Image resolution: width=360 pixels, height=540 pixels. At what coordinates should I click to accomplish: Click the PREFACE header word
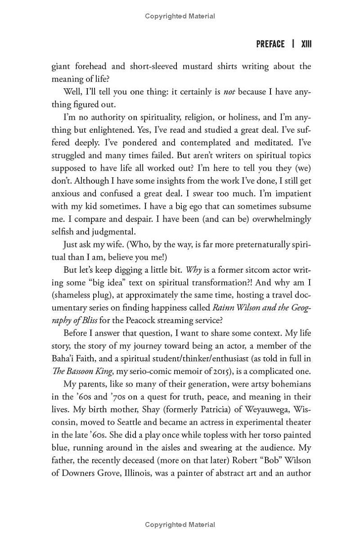tap(270, 44)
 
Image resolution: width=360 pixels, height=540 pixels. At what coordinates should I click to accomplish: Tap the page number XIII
tap(306, 44)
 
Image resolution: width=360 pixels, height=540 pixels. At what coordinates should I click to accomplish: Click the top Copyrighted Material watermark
tap(180, 16)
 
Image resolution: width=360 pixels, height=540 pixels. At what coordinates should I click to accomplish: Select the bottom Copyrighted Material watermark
tap(180, 525)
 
